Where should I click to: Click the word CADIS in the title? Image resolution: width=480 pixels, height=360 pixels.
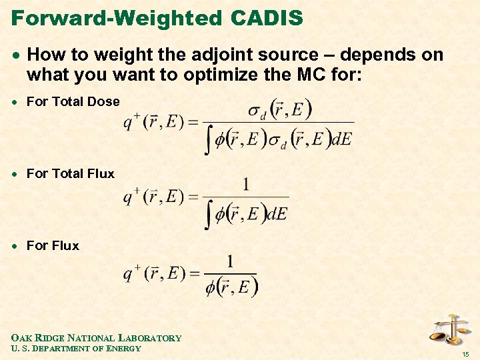[267, 17]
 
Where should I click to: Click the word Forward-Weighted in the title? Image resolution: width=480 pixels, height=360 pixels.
[117, 17]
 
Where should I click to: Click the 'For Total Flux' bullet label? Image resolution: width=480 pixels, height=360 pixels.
[70, 173]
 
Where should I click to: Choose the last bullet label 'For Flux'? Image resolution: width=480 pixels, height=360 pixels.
[53, 245]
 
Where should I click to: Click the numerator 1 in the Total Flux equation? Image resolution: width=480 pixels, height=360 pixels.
[246, 184]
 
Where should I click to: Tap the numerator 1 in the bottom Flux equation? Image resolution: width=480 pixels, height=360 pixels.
[231, 261]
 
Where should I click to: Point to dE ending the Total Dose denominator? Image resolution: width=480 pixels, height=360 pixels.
[341, 140]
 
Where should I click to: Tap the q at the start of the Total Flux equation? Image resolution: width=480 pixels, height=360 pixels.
[128, 197]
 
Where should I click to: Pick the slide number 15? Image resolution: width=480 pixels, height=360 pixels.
[467, 353]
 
